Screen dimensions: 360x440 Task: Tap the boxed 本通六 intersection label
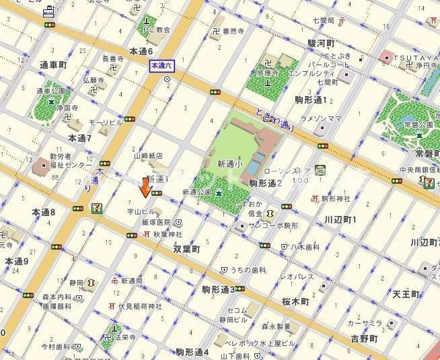coord(161,65)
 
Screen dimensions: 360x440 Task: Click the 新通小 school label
coord(230,164)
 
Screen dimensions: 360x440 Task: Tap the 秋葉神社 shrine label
coord(168,234)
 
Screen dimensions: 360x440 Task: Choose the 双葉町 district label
coord(186,248)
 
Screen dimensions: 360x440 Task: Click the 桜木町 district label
coord(295,301)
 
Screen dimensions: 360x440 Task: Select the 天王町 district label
coord(406,294)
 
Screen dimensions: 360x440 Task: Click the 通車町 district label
coord(54,65)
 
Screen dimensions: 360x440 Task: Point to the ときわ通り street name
coord(275,121)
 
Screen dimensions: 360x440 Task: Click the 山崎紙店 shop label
coord(149,155)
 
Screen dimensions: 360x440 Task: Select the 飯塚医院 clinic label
coord(155,222)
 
